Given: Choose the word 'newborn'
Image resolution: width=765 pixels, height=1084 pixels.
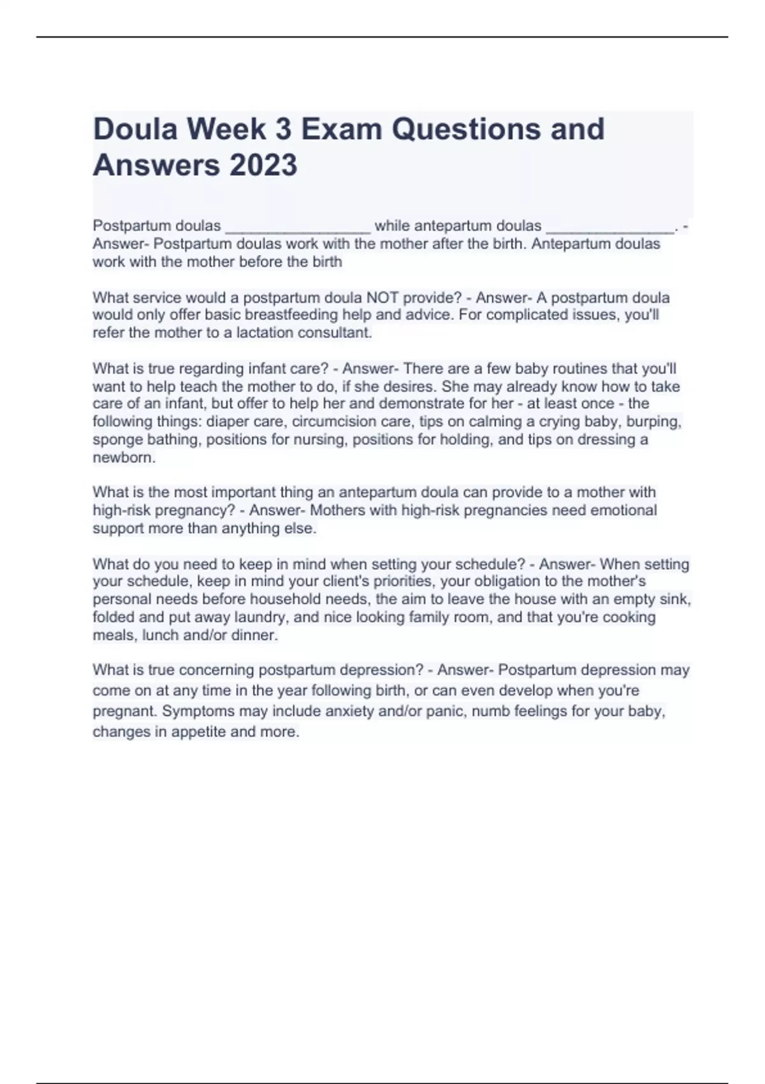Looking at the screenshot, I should [x=123, y=457].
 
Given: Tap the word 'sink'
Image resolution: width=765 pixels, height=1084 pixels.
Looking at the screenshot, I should [x=678, y=599].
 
